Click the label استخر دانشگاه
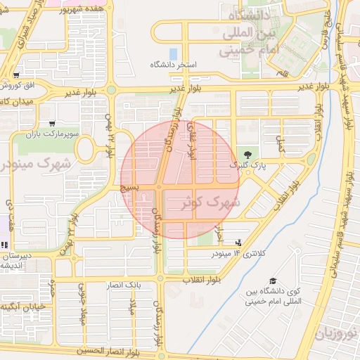pyautogui.click(x=173, y=65)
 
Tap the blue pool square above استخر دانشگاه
pyautogui.click(x=173, y=53)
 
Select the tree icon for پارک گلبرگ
pyautogui.click(x=246, y=154)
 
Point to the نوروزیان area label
pyautogui.click(x=340, y=331)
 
